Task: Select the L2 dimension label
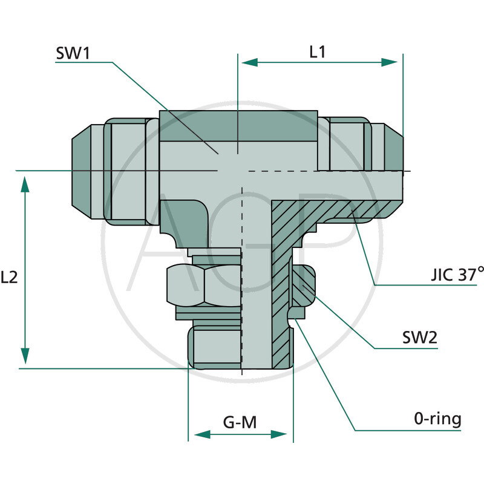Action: tap(10, 277)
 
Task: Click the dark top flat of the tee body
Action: tap(238, 125)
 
